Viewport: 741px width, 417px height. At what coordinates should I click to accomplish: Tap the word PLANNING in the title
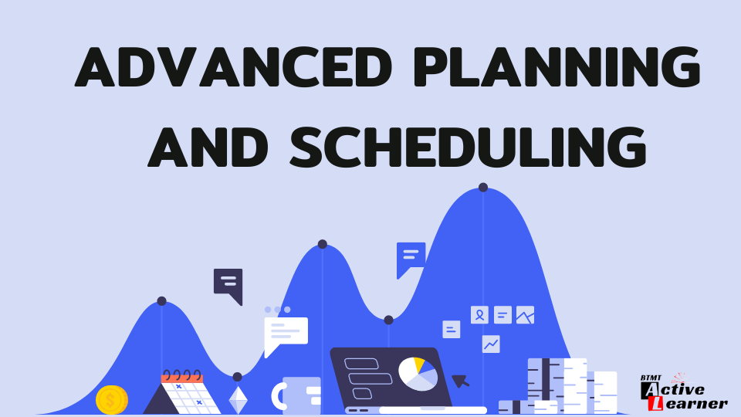coord(557,67)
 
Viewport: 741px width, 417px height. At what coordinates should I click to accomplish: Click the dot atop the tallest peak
coord(483,187)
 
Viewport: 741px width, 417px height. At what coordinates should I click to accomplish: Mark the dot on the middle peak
coord(323,244)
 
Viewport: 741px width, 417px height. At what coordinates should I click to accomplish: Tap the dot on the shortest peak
coord(161,301)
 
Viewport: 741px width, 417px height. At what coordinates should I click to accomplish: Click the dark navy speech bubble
coord(228,283)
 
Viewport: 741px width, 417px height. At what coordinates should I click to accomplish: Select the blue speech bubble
coord(411,257)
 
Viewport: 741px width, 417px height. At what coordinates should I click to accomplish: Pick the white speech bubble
coord(285,332)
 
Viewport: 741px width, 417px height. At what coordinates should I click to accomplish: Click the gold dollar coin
coord(111,400)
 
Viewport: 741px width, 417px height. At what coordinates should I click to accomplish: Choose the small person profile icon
coord(479,314)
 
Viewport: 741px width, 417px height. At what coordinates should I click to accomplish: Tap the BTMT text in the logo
coord(651,378)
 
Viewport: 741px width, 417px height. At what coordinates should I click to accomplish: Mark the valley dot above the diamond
coord(237,377)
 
